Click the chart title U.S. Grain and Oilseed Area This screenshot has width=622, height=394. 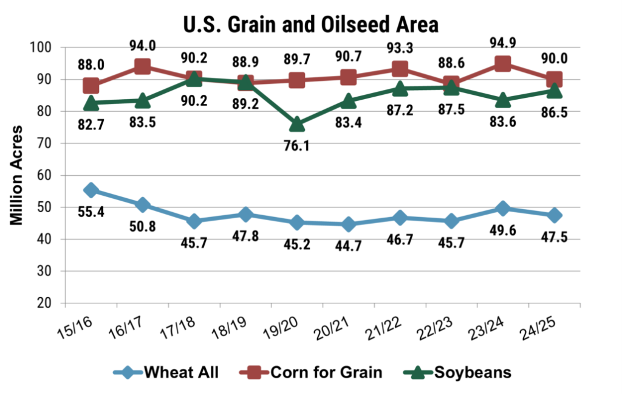point(310,24)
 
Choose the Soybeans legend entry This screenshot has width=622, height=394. point(462,372)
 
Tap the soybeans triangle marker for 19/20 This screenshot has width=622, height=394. point(297,123)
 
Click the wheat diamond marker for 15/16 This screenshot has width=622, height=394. point(91,190)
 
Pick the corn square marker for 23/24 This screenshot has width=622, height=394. point(503,64)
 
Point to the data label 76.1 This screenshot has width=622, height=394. point(297,147)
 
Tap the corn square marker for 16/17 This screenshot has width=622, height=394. point(143,66)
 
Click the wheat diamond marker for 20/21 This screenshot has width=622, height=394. point(349,224)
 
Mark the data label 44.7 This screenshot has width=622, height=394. point(349,247)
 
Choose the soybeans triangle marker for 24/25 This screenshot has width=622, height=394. point(554,91)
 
